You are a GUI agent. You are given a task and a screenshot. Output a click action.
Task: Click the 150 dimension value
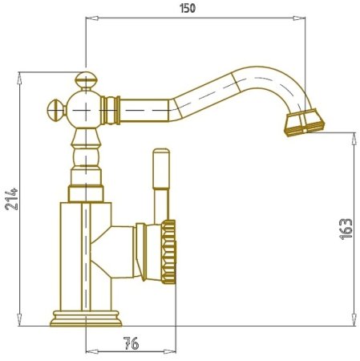[x=188, y=8]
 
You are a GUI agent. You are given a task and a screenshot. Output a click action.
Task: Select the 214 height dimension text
[x=12, y=199]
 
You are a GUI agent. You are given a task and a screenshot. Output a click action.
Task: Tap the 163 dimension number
[x=346, y=229]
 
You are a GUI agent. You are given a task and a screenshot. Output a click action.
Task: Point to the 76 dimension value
[x=131, y=343]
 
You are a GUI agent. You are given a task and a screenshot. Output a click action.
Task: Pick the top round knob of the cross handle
[x=86, y=80]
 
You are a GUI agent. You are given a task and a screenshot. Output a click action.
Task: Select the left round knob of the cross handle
[x=56, y=110]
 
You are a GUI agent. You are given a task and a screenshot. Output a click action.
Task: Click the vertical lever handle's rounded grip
[x=161, y=169]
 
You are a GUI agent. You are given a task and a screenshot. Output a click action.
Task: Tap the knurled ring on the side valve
[x=168, y=252]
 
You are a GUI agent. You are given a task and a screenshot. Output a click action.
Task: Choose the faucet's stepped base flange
[x=86, y=318]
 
